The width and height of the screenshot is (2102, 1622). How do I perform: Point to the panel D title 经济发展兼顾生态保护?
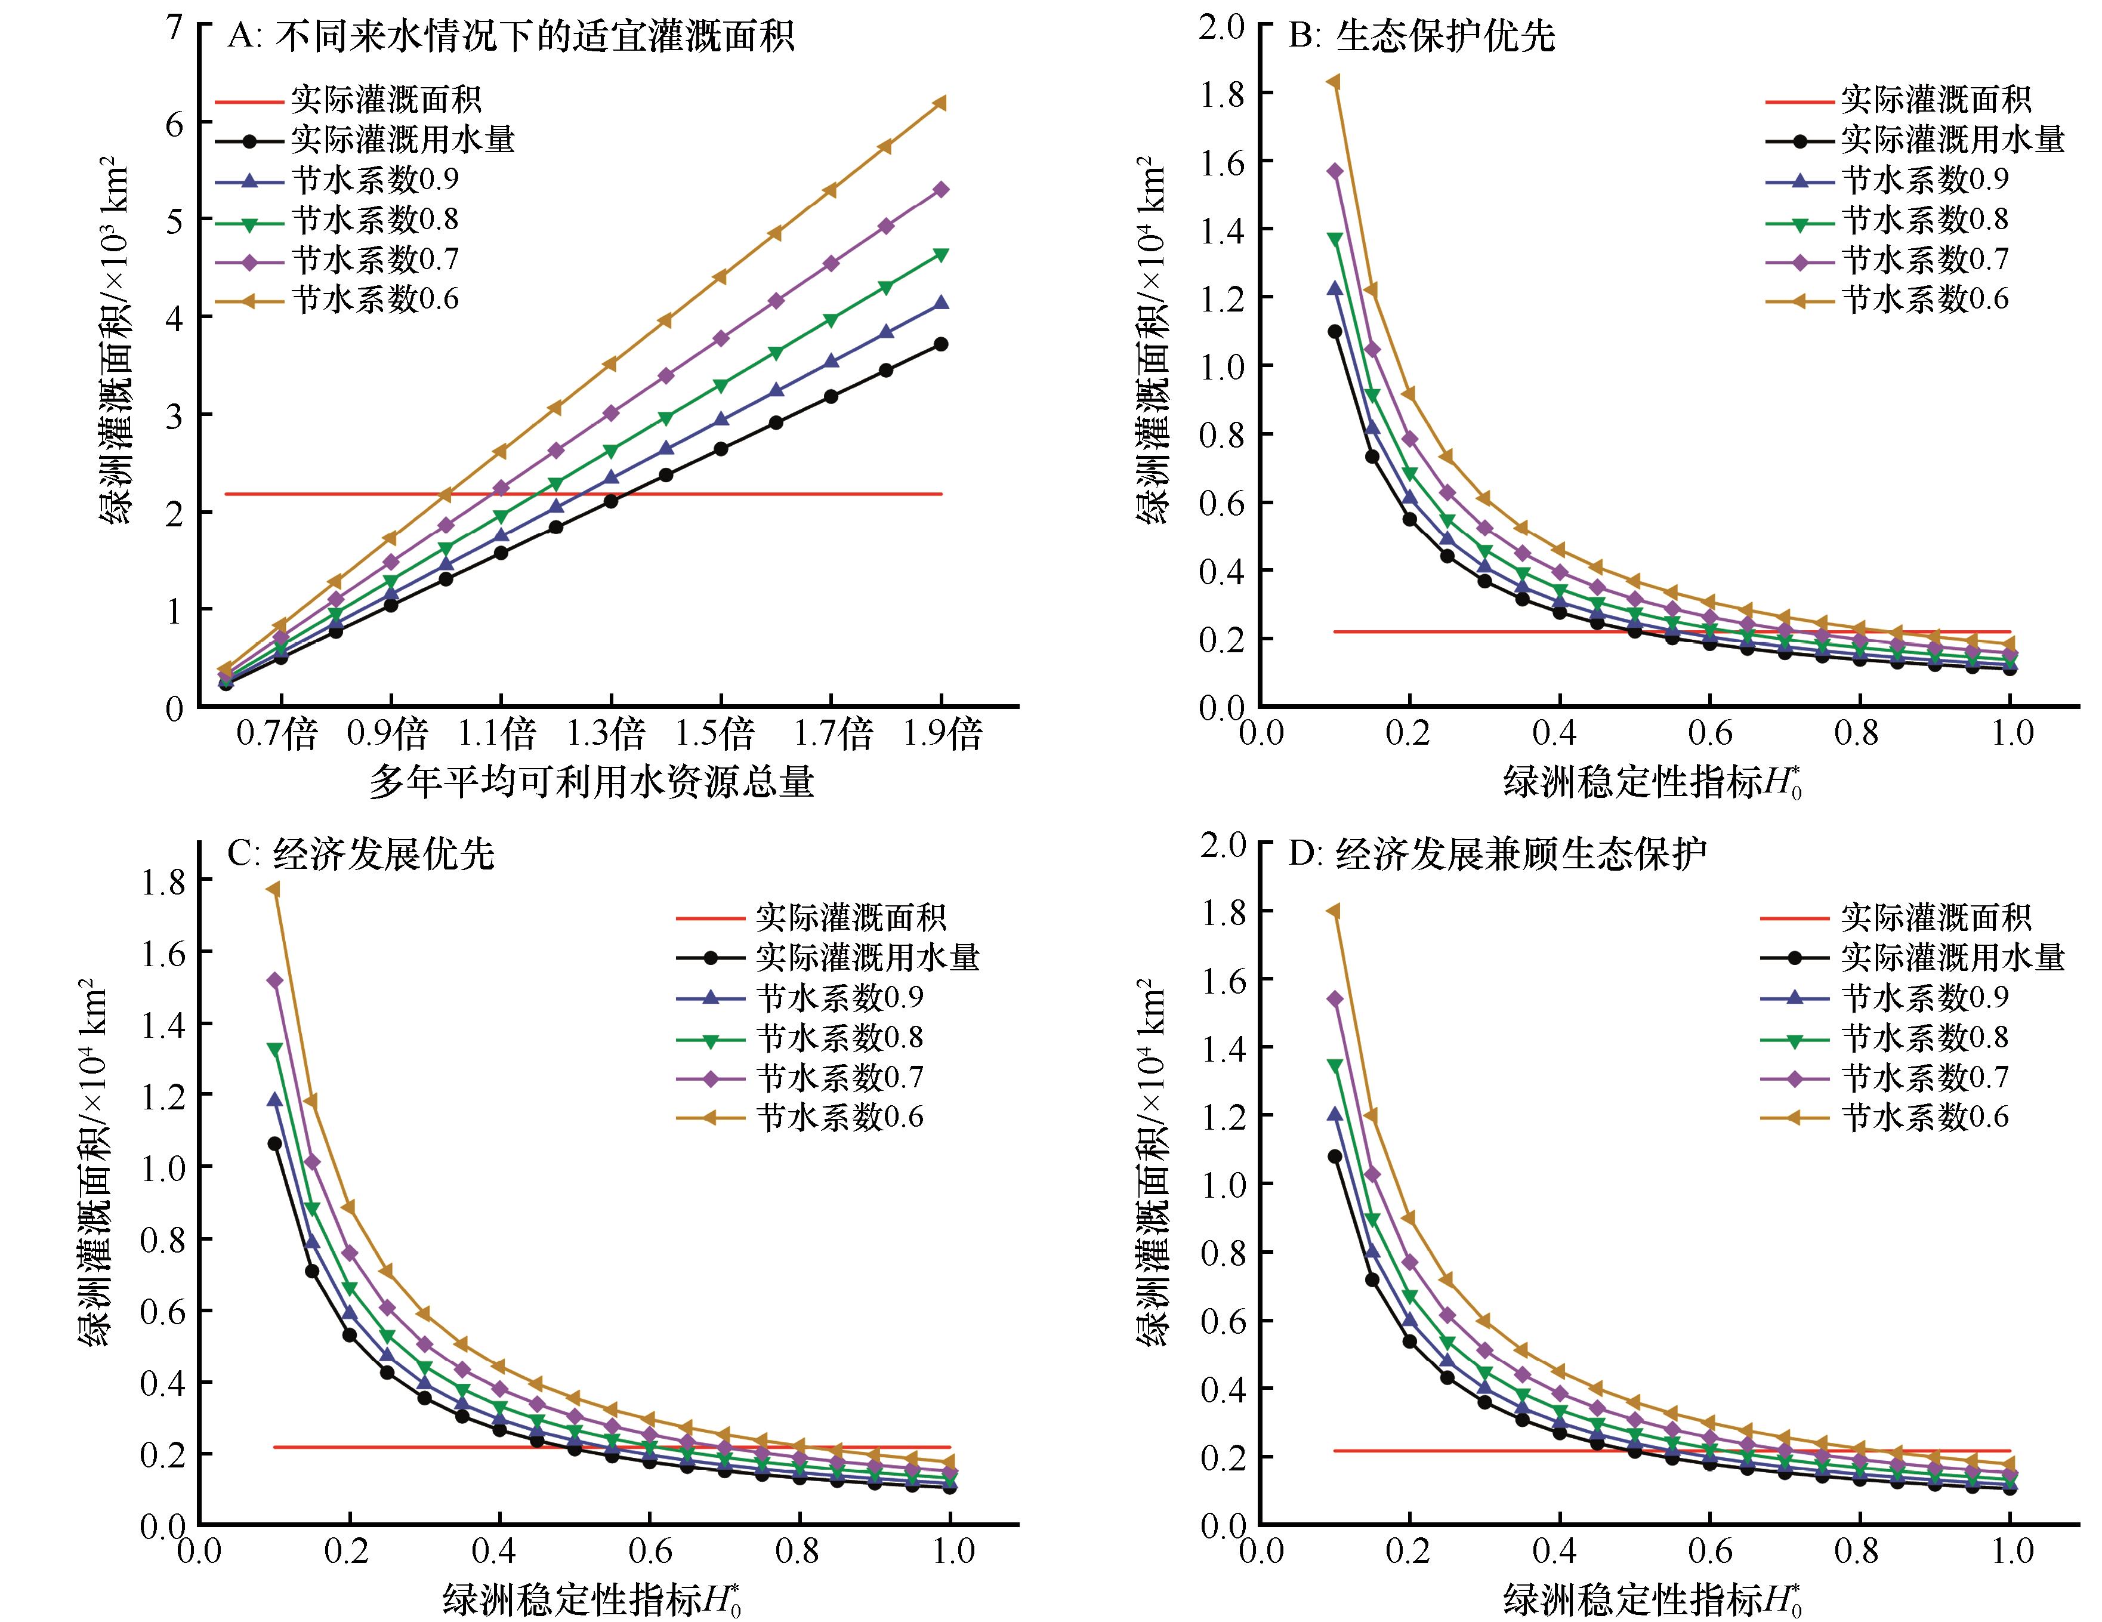pos(1521,854)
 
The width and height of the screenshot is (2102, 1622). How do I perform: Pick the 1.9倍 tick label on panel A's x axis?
pos(942,735)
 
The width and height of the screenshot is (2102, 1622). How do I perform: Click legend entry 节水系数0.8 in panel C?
pos(839,1038)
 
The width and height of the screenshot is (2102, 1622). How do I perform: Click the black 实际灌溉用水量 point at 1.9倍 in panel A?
pos(942,344)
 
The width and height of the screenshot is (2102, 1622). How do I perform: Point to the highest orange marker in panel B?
pos(1334,82)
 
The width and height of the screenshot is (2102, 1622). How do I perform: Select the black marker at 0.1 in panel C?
pos(274,1143)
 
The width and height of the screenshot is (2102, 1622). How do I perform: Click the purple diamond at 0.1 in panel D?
pos(1334,999)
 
